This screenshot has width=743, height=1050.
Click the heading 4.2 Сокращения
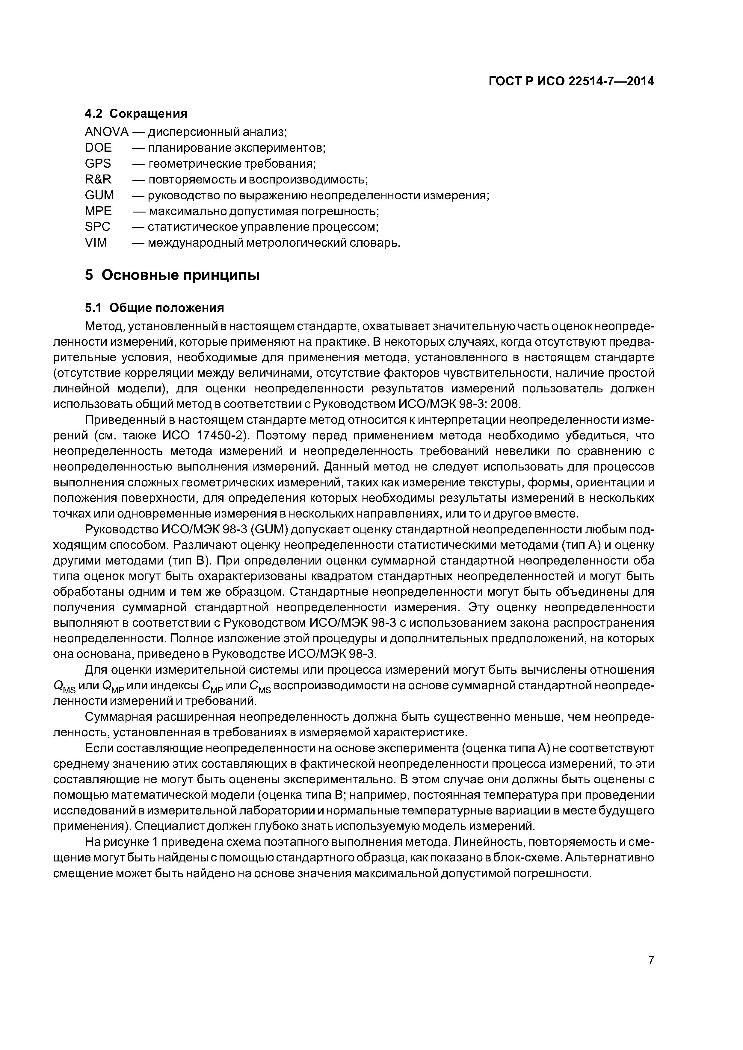(x=136, y=113)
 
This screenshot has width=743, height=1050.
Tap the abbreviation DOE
(x=98, y=148)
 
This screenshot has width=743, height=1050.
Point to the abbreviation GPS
(x=97, y=164)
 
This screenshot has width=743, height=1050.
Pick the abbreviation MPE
(x=98, y=211)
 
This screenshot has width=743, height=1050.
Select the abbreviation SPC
(x=97, y=227)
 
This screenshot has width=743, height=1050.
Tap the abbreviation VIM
(x=96, y=243)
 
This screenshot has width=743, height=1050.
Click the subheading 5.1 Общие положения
(x=154, y=308)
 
